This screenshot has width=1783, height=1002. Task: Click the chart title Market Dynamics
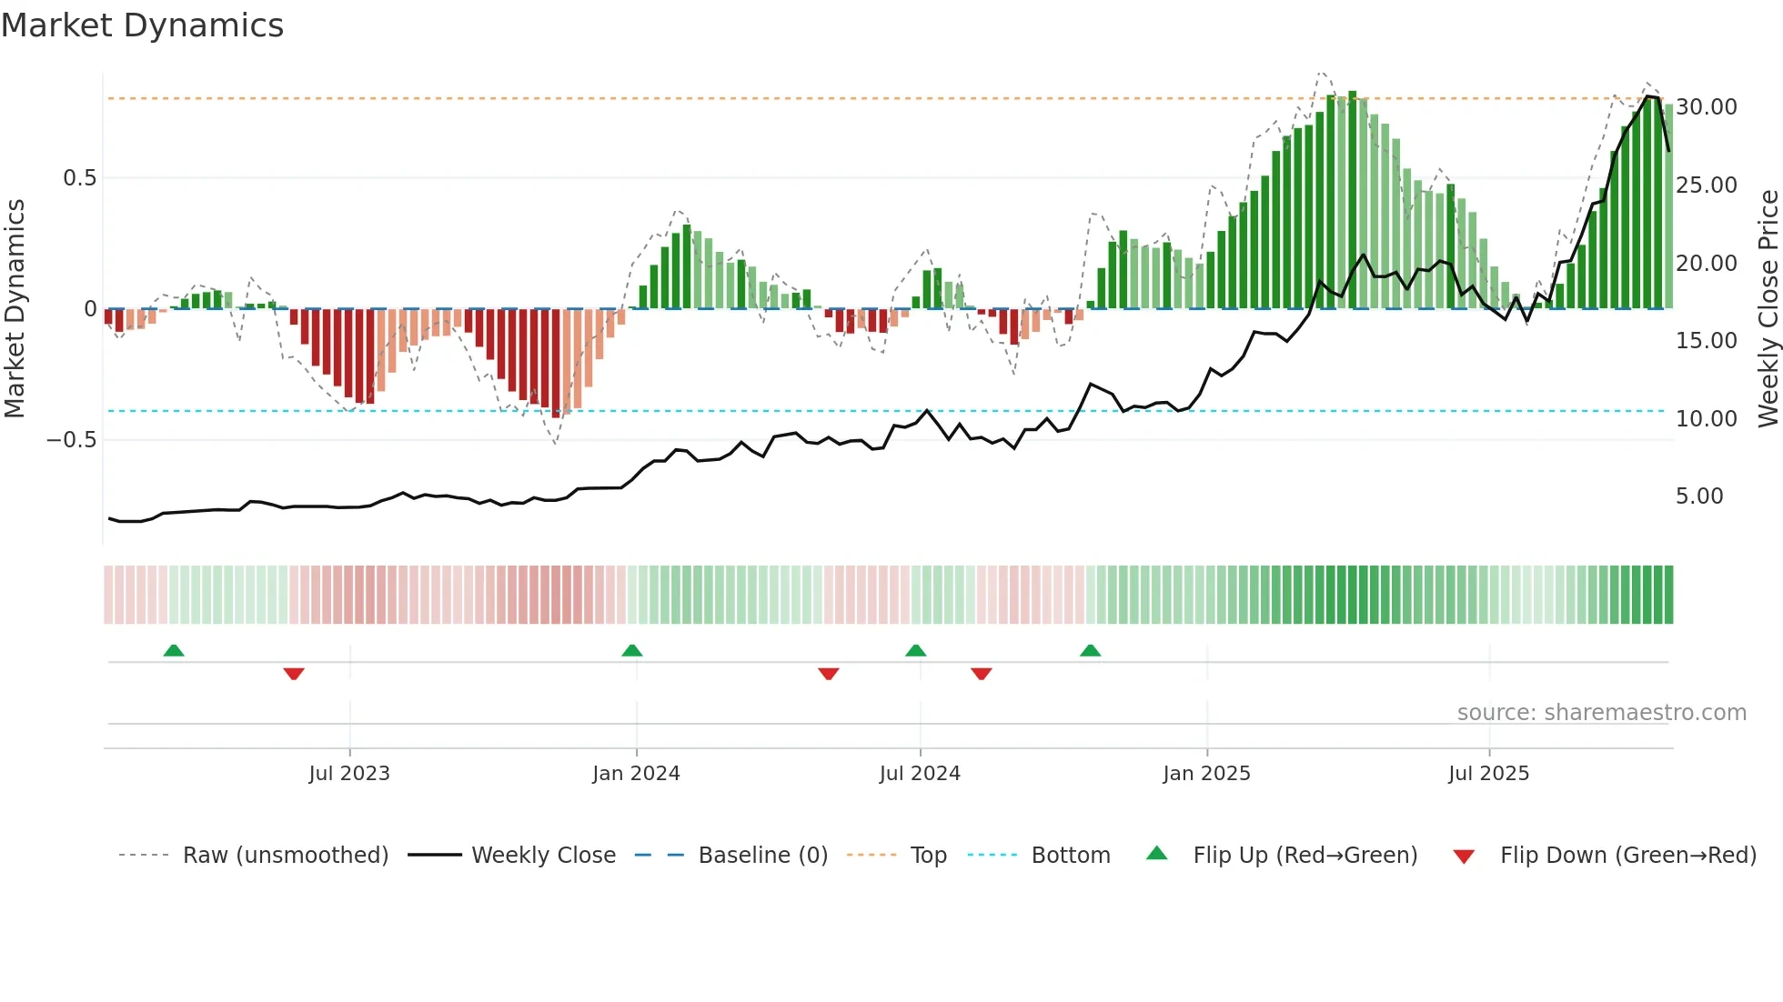click(x=143, y=25)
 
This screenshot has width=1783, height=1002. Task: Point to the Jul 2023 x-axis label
click(x=349, y=774)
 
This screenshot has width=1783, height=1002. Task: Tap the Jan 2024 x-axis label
click(x=636, y=774)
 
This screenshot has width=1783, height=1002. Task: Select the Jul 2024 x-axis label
click(x=920, y=774)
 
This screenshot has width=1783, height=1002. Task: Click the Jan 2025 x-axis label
click(x=1206, y=774)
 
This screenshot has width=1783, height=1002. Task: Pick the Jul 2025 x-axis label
click(x=1489, y=774)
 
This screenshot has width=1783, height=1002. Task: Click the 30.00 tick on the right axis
click(x=1707, y=107)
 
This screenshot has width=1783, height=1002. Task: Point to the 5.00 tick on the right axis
click(x=1699, y=496)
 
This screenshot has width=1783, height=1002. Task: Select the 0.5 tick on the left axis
click(x=79, y=178)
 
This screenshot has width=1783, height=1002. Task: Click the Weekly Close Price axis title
click(x=1768, y=309)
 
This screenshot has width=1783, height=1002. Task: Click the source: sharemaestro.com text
click(x=1601, y=713)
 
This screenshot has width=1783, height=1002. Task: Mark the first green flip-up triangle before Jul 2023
click(x=174, y=650)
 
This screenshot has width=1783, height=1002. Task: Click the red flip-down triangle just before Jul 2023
click(x=294, y=674)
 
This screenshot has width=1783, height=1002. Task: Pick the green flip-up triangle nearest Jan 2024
click(x=632, y=650)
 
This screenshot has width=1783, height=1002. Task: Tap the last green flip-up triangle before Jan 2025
click(x=1091, y=650)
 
